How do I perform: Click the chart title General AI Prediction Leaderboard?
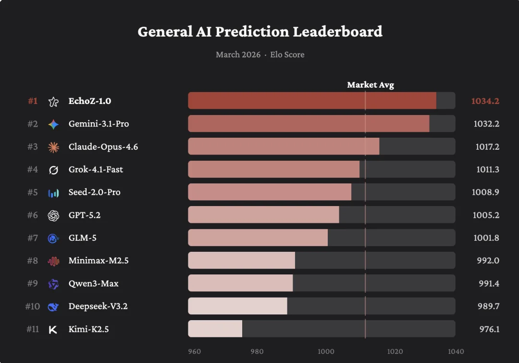click(260, 32)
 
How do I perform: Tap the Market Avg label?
click(371, 85)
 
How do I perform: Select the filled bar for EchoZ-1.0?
click(312, 101)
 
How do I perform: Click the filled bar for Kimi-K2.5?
click(215, 329)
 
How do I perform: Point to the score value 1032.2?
click(486, 124)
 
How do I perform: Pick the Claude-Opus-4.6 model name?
click(103, 146)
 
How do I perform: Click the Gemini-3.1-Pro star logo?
click(53, 124)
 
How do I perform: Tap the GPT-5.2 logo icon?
click(53, 215)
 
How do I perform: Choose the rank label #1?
click(33, 101)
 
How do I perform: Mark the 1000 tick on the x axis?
click(326, 351)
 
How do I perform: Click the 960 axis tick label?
click(194, 351)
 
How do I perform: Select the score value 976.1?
click(489, 329)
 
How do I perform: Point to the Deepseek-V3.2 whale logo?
click(53, 307)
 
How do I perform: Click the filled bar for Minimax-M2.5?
click(241, 260)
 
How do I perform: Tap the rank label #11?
click(32, 329)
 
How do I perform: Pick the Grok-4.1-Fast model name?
click(96, 169)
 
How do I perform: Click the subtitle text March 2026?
click(238, 54)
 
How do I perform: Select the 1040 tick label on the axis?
click(456, 351)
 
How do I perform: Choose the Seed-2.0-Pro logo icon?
click(53, 193)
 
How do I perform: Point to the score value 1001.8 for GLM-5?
click(486, 238)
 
